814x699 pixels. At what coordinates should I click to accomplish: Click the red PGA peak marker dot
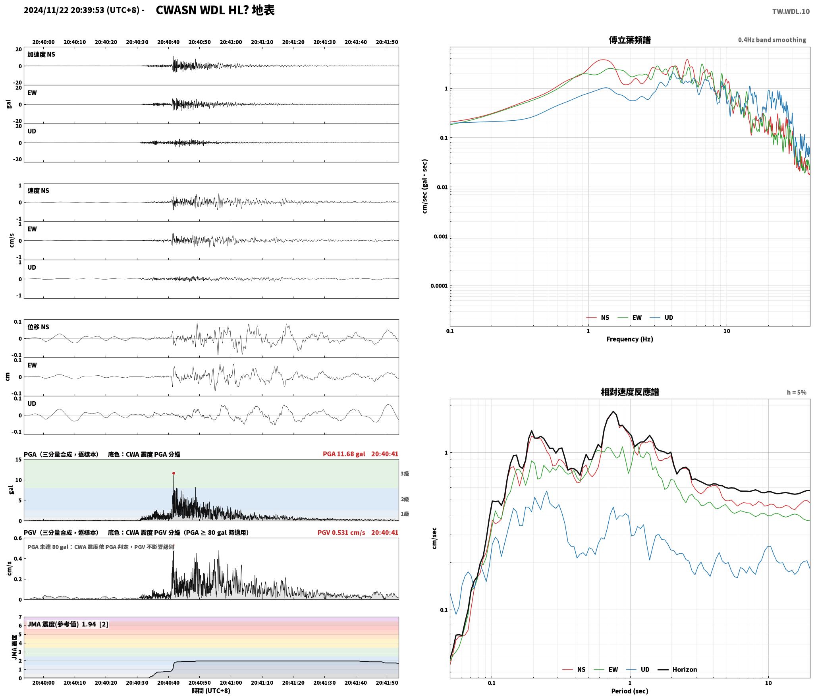coord(174,473)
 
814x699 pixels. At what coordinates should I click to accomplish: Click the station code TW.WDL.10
coord(791,12)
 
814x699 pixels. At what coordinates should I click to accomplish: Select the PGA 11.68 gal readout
coord(344,454)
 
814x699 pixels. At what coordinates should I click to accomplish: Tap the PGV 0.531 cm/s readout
coord(341,532)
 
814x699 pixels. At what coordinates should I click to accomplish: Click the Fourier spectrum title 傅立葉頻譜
coord(630,40)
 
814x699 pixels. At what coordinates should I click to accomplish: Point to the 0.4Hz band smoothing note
coord(772,40)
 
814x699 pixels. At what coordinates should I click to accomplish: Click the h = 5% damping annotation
coord(797,392)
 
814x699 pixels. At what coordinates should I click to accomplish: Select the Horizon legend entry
coord(678,669)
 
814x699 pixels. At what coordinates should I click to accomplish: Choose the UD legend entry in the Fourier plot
coord(662,317)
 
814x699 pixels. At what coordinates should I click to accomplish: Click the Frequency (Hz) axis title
coord(629,339)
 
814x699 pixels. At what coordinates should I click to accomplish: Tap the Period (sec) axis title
coord(629,691)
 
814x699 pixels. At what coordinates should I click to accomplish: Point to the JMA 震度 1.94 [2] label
coord(68,624)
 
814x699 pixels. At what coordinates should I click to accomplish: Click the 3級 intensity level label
coord(405,473)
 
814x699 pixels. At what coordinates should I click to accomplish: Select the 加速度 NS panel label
coord(41,54)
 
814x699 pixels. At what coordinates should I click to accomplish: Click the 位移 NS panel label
coord(38,327)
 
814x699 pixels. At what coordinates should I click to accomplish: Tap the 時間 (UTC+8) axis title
coord(211,691)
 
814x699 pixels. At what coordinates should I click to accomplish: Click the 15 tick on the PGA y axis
coord(19,460)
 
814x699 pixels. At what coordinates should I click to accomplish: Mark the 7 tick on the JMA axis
coord(20,617)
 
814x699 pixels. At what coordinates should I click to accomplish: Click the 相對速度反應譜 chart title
coord(630,392)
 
